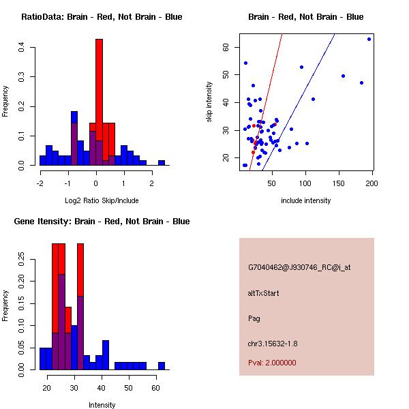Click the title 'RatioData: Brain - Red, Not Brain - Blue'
102,17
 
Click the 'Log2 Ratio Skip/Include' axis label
102,200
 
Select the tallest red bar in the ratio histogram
99,82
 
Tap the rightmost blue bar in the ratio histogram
162,163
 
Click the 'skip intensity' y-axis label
209,102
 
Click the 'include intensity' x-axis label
305,200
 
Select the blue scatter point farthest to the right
369,39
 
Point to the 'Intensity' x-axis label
102,405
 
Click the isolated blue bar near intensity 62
162,366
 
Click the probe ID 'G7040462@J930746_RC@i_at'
299,268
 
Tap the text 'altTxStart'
264,293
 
